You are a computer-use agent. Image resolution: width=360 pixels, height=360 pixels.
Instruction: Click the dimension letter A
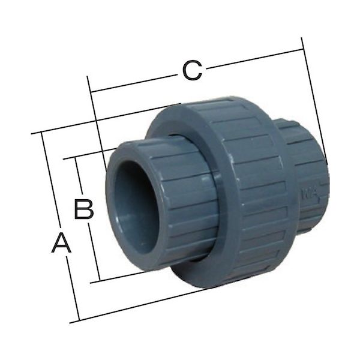(61, 244)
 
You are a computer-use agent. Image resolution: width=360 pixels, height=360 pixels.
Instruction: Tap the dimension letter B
(83, 209)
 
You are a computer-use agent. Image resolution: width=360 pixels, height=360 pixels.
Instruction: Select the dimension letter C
(191, 71)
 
